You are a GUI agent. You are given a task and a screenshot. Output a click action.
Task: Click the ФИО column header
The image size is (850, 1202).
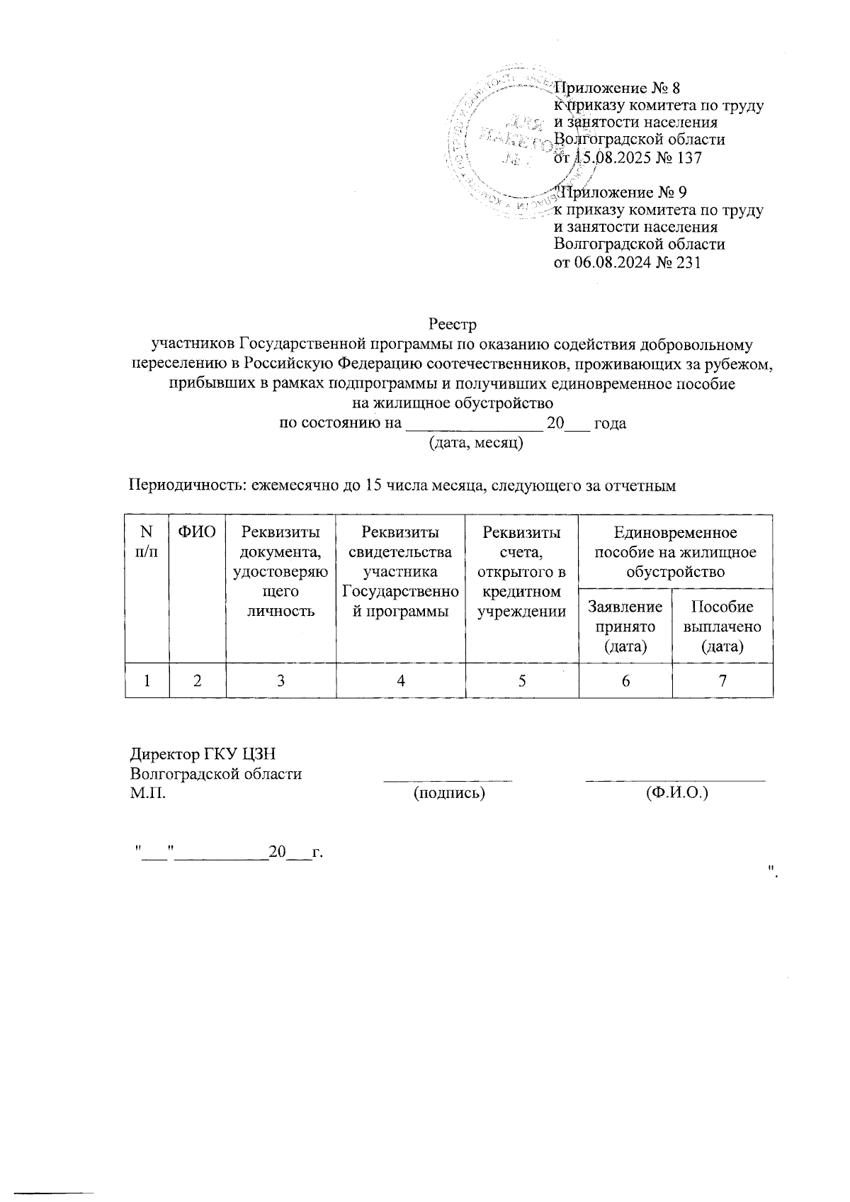tap(197, 532)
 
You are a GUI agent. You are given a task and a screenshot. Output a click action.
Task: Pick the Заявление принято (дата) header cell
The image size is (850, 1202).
tap(624, 626)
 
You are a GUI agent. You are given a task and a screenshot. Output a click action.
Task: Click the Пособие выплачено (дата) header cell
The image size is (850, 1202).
tap(722, 626)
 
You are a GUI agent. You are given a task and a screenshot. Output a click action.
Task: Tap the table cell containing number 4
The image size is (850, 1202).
tap(401, 681)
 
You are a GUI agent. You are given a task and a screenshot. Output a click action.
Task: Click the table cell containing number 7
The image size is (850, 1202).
tap(722, 681)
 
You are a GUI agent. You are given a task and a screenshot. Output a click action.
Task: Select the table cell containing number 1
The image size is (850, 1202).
tap(147, 681)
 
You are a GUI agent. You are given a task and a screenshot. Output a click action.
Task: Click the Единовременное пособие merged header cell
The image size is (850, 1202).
tap(675, 551)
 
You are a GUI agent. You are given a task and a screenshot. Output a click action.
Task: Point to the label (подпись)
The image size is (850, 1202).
tap(449, 792)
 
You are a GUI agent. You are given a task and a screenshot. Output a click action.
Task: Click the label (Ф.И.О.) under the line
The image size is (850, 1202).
tap(676, 792)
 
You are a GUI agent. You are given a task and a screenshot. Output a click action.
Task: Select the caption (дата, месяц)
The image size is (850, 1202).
tap(476, 444)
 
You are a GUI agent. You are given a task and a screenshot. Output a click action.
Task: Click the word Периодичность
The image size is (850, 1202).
tap(184, 485)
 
